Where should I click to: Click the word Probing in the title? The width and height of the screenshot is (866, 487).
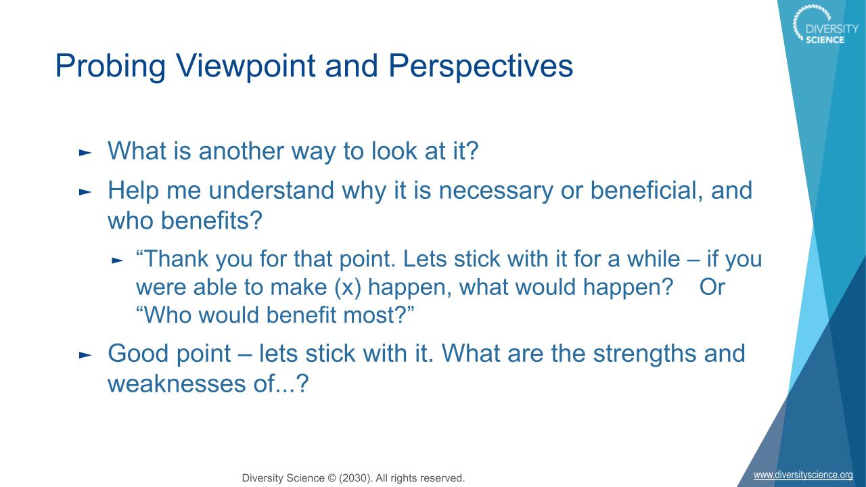[x=110, y=67]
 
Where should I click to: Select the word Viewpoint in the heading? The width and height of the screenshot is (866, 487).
[x=246, y=67]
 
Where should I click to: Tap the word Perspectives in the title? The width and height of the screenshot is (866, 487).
[x=480, y=67]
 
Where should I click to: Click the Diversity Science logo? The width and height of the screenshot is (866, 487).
[x=824, y=24]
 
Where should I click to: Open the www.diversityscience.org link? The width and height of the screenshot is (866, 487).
[x=803, y=475]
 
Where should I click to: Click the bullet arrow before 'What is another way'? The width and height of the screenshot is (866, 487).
[x=85, y=153]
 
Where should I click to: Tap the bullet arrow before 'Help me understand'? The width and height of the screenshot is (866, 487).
[x=85, y=191]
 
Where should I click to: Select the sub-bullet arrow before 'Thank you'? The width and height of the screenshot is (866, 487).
[x=117, y=260]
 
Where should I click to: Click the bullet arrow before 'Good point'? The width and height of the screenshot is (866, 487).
[x=85, y=355]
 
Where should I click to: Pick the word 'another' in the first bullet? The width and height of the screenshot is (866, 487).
[x=242, y=151]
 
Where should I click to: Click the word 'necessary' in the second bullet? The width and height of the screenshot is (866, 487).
[x=496, y=191]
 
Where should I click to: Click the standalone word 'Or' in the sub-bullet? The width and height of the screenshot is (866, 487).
[x=712, y=287]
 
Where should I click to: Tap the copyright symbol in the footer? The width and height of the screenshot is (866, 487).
[x=332, y=478]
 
